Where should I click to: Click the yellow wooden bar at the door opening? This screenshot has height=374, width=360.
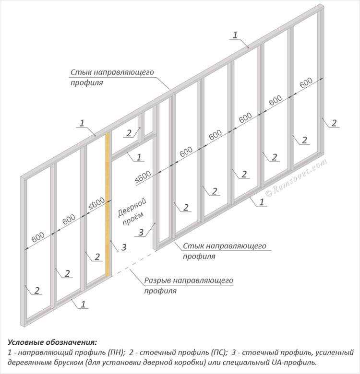pyautogui.click(x=108, y=204)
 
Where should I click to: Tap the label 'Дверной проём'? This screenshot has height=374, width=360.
pyautogui.click(x=132, y=212)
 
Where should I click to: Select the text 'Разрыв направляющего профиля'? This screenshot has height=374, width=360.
pyautogui.click(x=189, y=285)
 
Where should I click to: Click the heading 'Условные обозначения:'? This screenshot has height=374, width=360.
pyautogui.click(x=52, y=342)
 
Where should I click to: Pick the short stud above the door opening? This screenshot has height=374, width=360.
pyautogui.click(x=141, y=128)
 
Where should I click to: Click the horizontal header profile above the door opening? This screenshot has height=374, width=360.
pyautogui.click(x=134, y=146)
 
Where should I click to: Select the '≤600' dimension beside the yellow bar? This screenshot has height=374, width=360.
pyautogui.click(x=96, y=204)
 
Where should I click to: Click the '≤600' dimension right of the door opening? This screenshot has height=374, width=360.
pyautogui.click(x=143, y=177)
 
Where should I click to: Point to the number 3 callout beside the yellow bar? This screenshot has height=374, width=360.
pyautogui.click(x=124, y=247)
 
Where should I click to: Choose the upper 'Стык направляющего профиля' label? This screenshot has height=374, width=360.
pyautogui.click(x=112, y=77)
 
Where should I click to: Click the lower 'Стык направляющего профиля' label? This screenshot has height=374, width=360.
pyautogui.click(x=225, y=251)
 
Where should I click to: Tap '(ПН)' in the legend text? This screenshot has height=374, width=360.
pyautogui.click(x=116, y=352)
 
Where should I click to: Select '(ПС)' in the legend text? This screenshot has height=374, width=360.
pyautogui.click(x=219, y=352)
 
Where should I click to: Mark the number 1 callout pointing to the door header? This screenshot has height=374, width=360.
pyautogui.click(x=139, y=157)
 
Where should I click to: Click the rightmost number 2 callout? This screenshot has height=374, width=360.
pyautogui.click(x=334, y=123)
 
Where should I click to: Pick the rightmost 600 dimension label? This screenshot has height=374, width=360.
pyautogui.click(x=306, y=82)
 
